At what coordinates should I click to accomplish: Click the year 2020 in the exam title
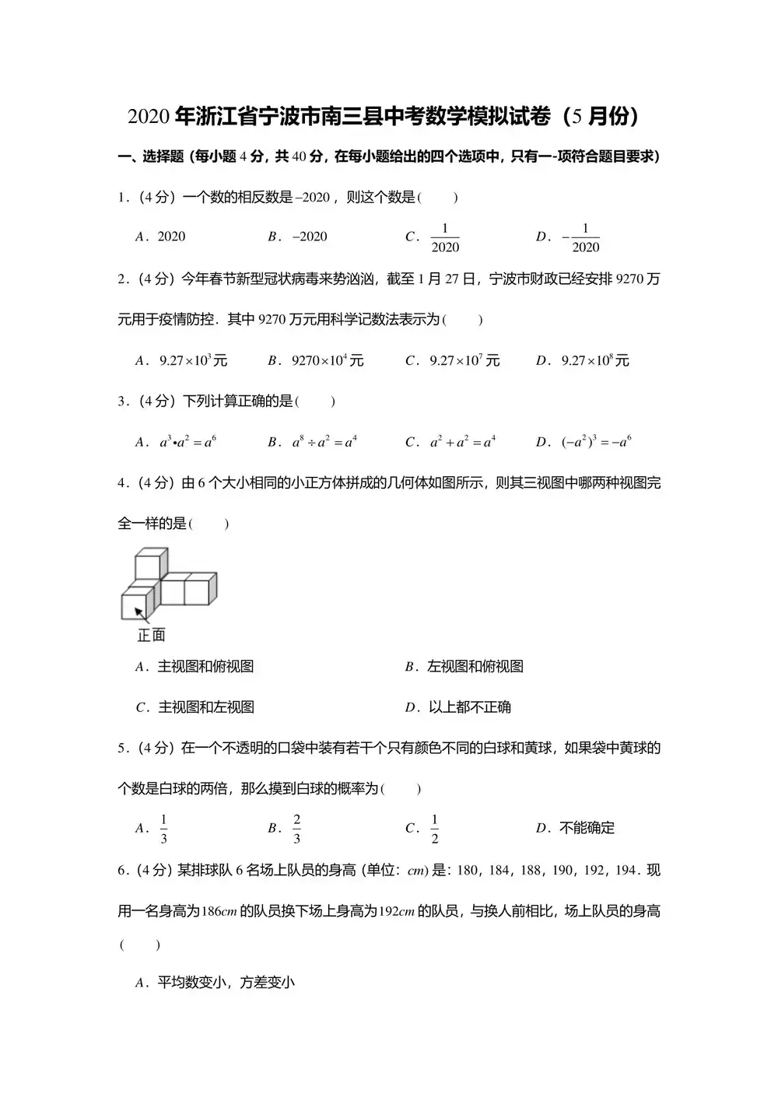tap(149, 117)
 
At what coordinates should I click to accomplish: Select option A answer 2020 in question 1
tap(171, 237)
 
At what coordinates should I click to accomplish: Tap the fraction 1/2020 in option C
tap(445, 237)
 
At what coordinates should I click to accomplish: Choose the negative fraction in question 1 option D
tap(580, 237)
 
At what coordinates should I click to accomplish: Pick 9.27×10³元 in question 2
tap(193, 360)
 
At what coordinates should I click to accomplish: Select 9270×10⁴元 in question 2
tap(328, 360)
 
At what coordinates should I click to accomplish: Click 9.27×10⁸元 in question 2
tap(595, 360)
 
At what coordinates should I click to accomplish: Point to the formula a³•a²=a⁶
tap(187, 442)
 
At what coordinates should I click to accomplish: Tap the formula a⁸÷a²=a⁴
tap(324, 442)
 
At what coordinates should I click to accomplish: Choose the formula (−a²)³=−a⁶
tap(596, 442)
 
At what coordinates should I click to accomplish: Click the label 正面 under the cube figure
tap(152, 636)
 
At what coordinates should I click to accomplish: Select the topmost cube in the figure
tap(151, 563)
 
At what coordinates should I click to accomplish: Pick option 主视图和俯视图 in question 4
tap(205, 666)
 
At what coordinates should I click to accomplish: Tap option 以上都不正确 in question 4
tap(470, 707)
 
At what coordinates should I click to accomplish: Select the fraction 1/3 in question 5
tap(163, 829)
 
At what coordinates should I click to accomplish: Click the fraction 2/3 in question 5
tap(296, 829)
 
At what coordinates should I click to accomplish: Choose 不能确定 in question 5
tap(587, 828)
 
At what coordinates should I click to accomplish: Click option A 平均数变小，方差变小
tap(226, 983)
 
